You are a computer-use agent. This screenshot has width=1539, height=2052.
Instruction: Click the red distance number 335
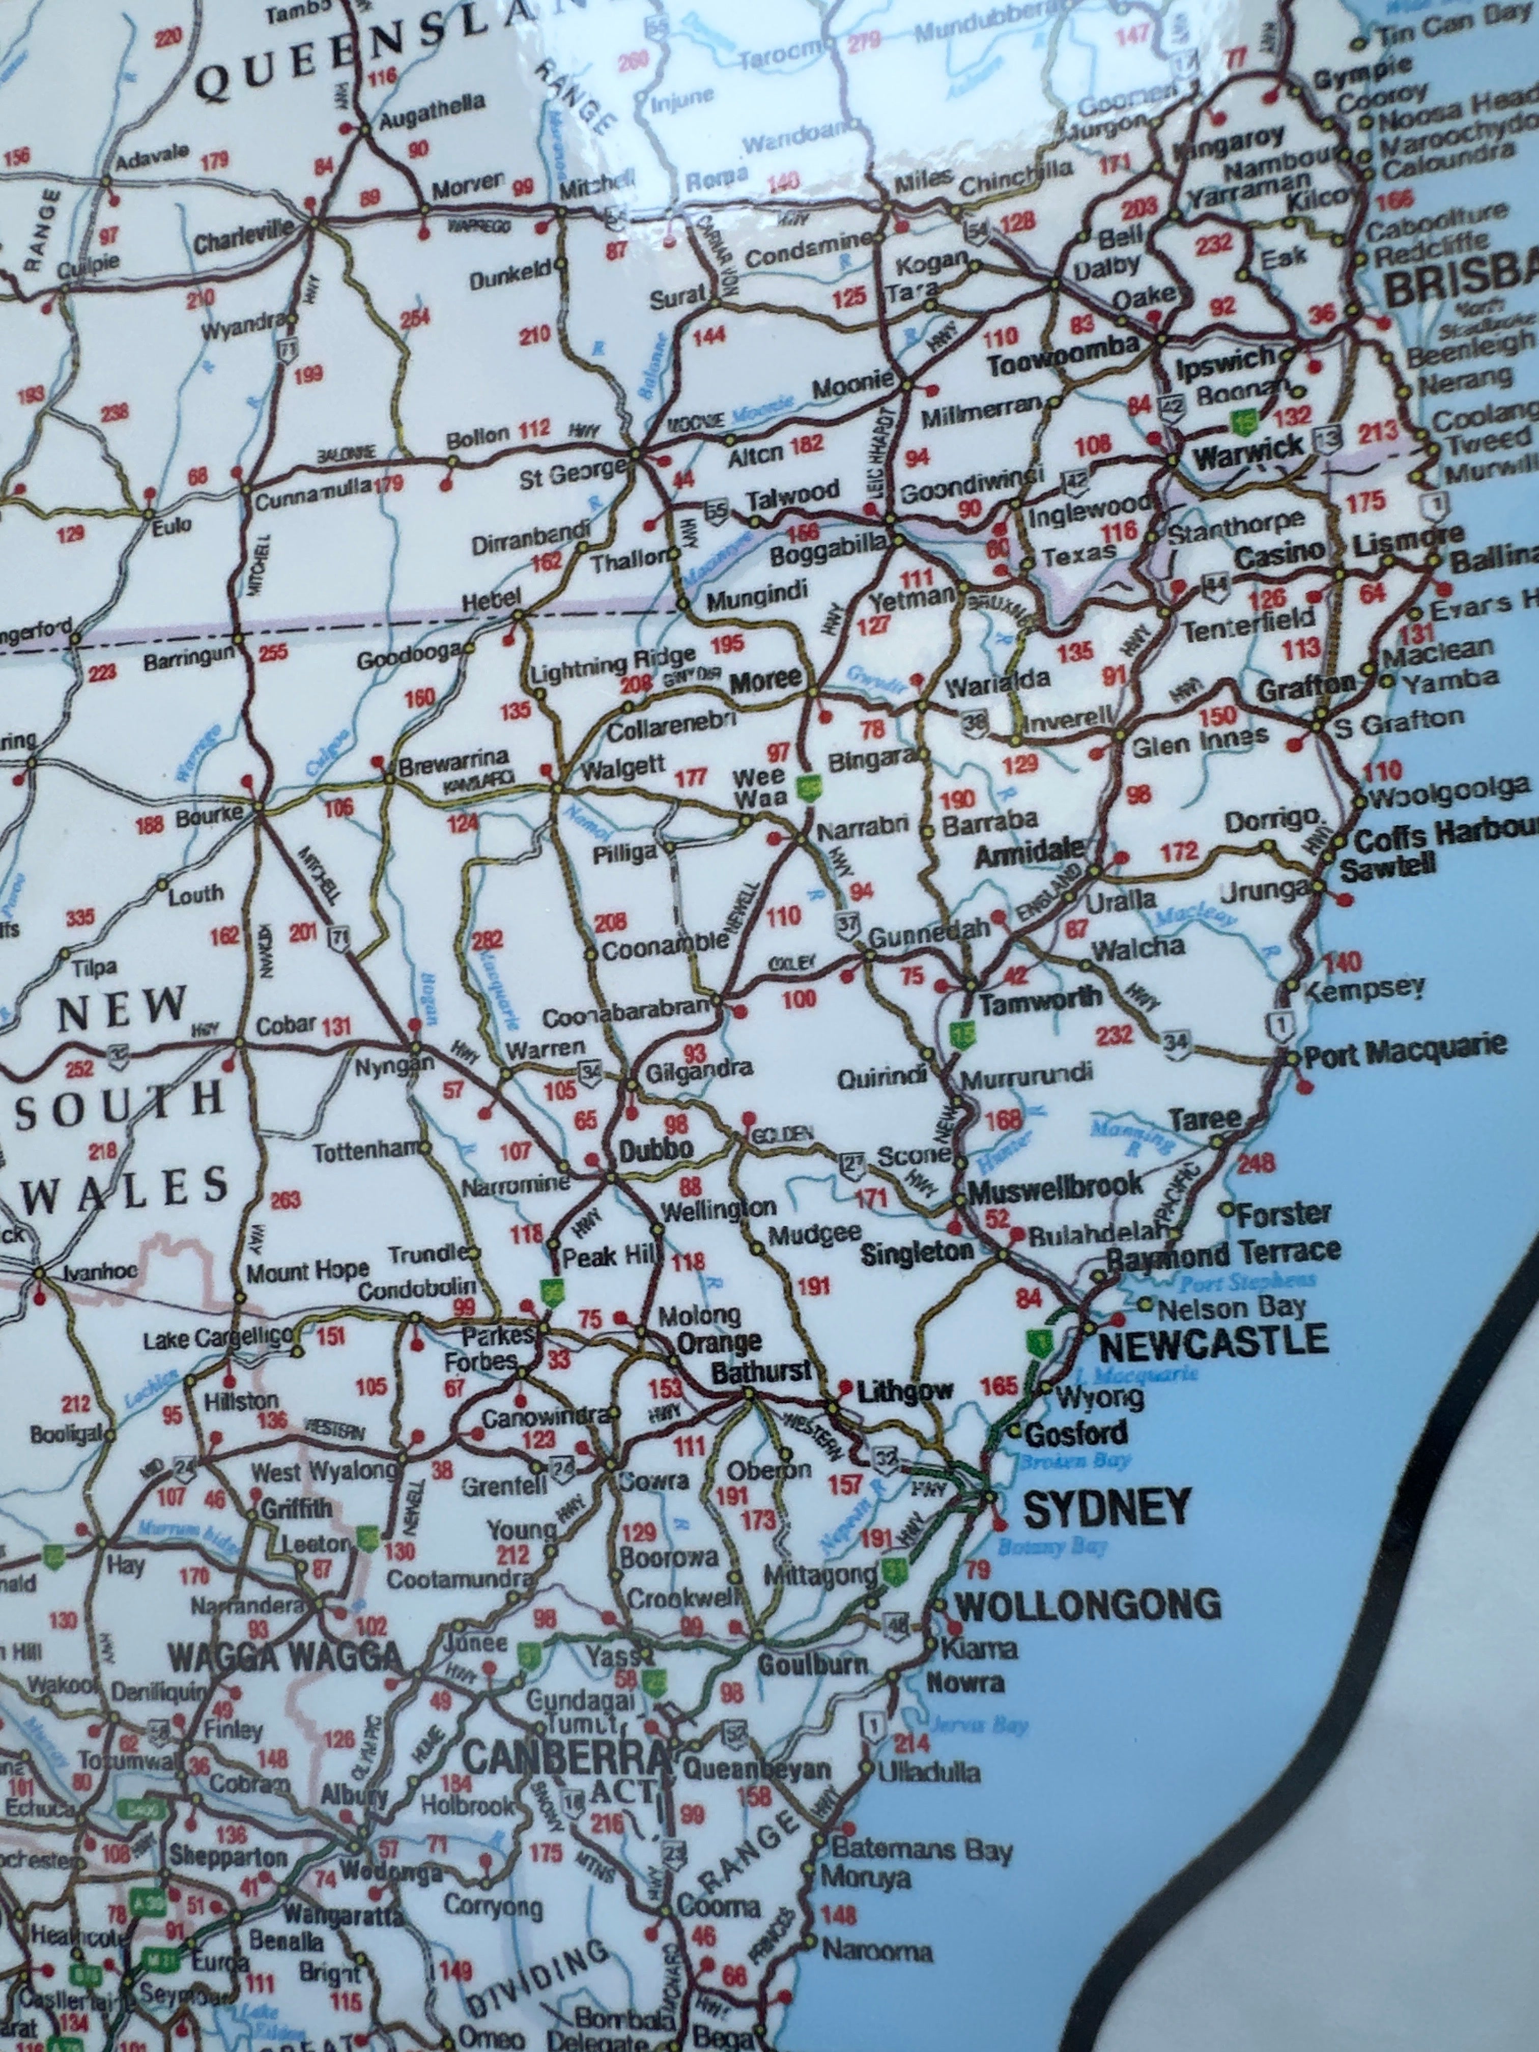tap(80, 918)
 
